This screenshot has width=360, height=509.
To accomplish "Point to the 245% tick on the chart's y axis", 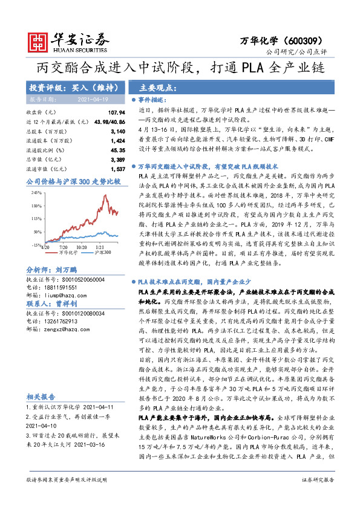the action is click(x=36, y=193).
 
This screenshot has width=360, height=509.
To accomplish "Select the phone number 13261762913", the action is click(x=61, y=321).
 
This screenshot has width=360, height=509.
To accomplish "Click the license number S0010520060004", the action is click(x=77, y=280).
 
